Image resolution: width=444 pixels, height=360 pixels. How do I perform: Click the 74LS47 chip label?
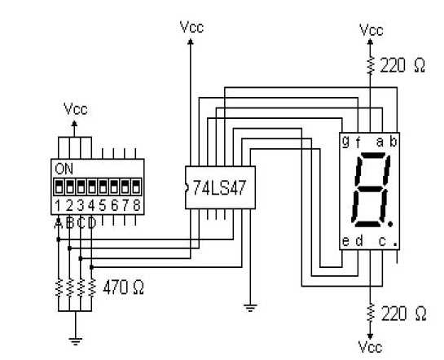tap(219, 185)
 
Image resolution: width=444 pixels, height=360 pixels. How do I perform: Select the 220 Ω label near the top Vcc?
tap(403, 66)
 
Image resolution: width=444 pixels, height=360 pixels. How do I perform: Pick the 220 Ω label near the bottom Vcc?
tap(403, 314)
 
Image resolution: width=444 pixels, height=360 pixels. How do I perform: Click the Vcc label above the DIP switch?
tap(75, 108)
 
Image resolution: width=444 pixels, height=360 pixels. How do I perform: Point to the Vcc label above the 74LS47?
tap(191, 26)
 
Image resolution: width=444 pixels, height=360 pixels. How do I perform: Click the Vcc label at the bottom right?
tap(371, 348)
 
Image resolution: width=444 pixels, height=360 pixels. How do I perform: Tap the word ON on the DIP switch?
tap(63, 169)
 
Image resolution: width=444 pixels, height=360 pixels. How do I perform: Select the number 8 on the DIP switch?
tap(136, 204)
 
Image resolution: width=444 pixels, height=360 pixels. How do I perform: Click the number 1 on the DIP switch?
tap(59, 204)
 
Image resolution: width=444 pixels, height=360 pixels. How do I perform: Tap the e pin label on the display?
tap(345, 241)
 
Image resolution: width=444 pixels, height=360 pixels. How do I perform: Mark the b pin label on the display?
tap(393, 141)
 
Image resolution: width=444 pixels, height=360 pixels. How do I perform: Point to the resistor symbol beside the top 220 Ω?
tap(371, 64)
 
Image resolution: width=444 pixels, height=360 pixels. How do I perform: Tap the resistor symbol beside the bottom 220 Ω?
tap(371, 313)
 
